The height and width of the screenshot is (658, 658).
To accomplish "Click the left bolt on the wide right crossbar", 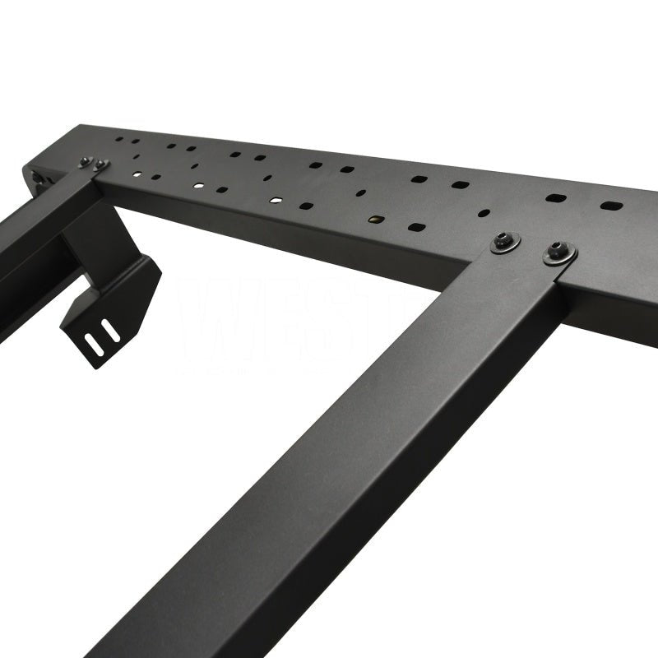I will [x=505, y=242].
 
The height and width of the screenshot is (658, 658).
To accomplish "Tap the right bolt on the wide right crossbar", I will [x=559, y=253].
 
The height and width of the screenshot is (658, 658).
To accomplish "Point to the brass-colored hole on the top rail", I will [x=375, y=220].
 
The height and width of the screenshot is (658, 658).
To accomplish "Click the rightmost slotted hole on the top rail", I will [x=610, y=205].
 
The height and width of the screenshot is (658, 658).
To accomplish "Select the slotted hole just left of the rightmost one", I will [x=557, y=199].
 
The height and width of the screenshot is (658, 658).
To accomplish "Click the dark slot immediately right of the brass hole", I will [x=417, y=226].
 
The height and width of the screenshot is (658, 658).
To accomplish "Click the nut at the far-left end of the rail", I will [x=38, y=179].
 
